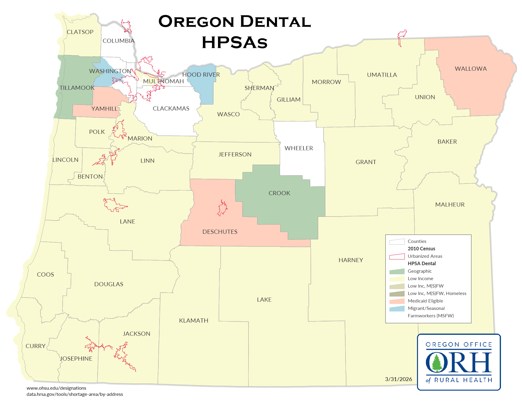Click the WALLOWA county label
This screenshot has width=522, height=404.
pos(471,69)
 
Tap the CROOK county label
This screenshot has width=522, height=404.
pos(279,193)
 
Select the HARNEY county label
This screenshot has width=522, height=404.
pos(351,260)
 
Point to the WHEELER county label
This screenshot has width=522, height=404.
pos(299,148)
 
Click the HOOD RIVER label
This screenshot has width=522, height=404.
pos(201,75)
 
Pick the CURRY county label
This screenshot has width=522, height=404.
pos(35,346)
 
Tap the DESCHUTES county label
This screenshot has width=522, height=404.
pos(220,232)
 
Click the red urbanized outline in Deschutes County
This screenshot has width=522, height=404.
pos(222,208)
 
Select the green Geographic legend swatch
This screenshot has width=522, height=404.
pos(397,271)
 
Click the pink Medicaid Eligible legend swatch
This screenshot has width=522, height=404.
pos(397,301)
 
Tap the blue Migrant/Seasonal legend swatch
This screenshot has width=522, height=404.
pos(397,308)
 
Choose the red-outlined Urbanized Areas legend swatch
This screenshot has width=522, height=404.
pos(397,256)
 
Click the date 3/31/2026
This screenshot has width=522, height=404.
pos(398,379)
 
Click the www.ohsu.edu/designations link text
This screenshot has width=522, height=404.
pos(56,388)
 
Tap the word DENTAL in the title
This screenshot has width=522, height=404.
pos(275,22)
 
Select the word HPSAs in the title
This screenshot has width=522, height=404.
pos(234,42)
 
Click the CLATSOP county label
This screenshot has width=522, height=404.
pos(80,32)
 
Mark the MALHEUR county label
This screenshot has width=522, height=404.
pos(450,205)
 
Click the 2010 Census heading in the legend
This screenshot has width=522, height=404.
pos(421,249)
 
